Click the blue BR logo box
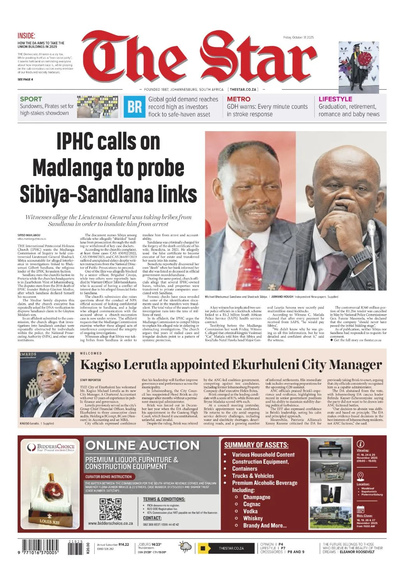(135, 107)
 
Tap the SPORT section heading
(31, 99)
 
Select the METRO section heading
(238, 99)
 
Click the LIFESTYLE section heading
(335, 99)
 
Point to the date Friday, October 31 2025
(298, 37)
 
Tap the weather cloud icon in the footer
(185, 547)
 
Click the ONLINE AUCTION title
(142, 445)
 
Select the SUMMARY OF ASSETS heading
(256, 445)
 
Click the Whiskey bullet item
(253, 518)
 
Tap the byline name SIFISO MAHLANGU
(29, 236)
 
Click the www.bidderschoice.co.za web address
(110, 523)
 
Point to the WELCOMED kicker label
(91, 354)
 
